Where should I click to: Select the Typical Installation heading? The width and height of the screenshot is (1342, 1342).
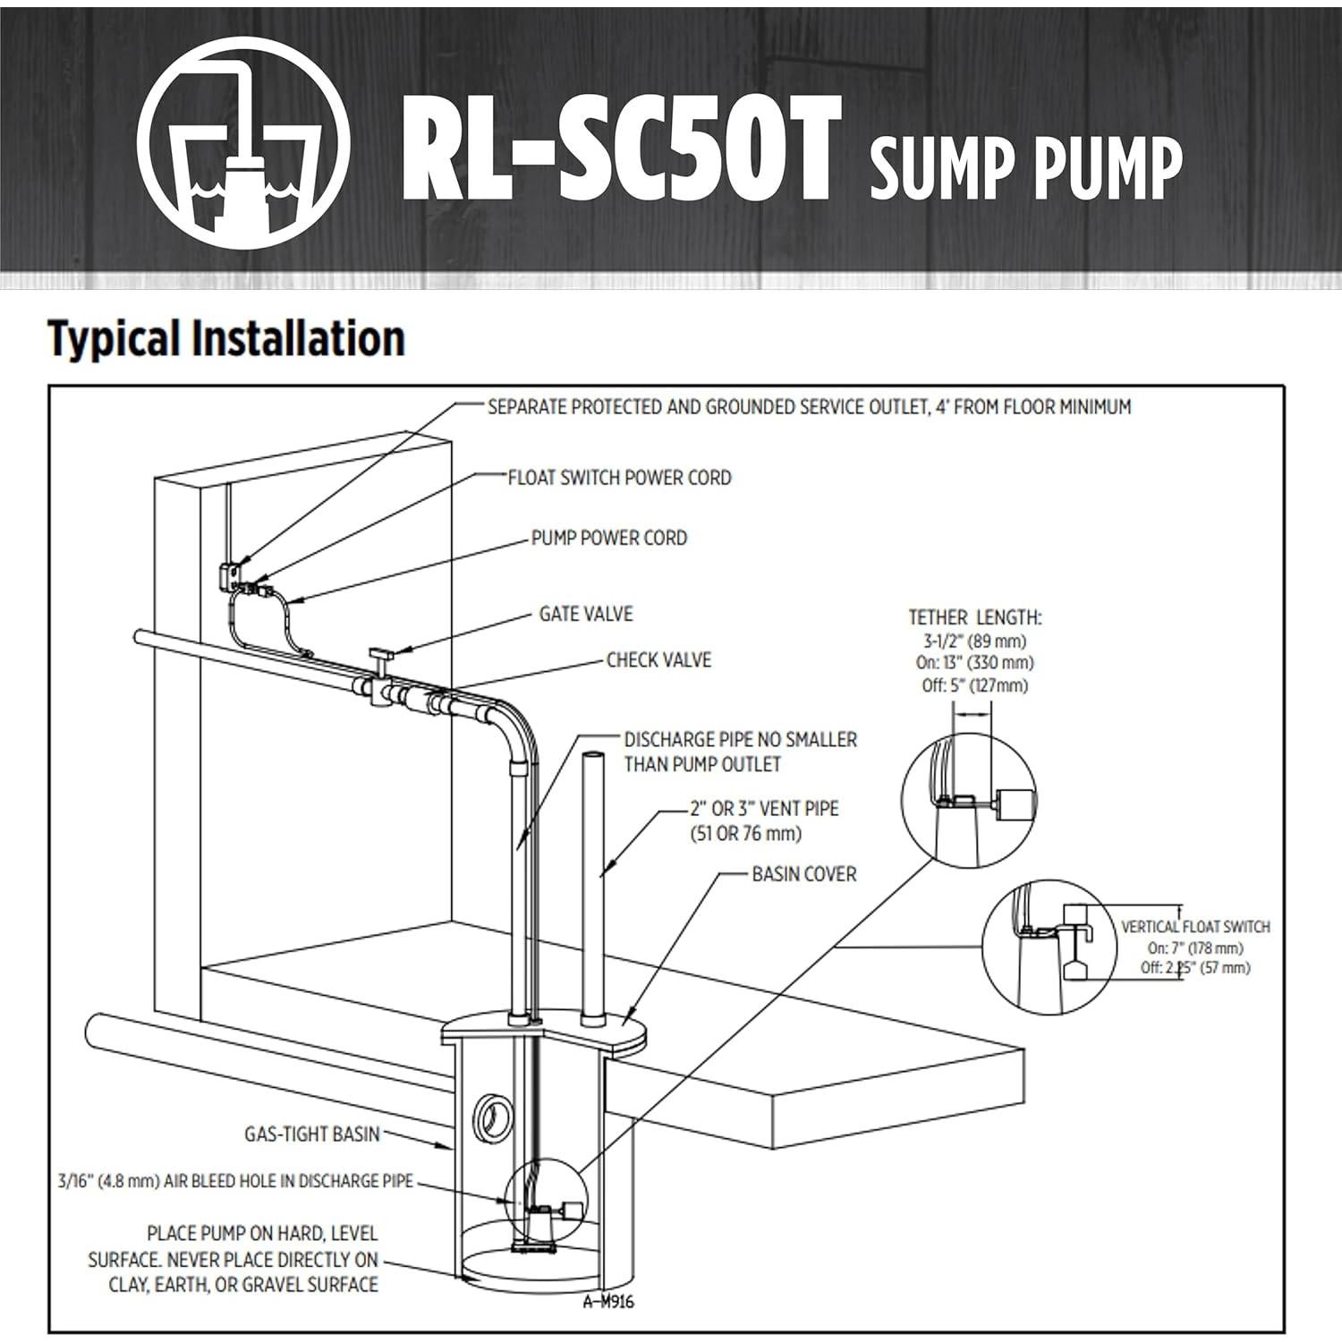click(226, 339)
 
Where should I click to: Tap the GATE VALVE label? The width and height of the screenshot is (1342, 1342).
click(585, 614)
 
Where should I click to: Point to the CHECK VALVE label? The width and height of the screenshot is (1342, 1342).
click(658, 660)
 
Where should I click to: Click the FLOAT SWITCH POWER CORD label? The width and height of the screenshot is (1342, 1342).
click(619, 478)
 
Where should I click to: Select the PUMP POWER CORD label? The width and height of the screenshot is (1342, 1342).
click(608, 538)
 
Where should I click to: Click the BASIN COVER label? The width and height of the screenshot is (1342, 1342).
click(803, 874)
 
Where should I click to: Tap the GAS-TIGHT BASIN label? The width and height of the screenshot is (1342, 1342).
click(312, 1134)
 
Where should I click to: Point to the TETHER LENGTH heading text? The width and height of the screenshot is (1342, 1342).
click(975, 617)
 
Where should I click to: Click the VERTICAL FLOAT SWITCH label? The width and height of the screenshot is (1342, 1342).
click(1195, 927)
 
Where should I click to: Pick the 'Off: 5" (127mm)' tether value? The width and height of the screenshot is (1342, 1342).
click(975, 685)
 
